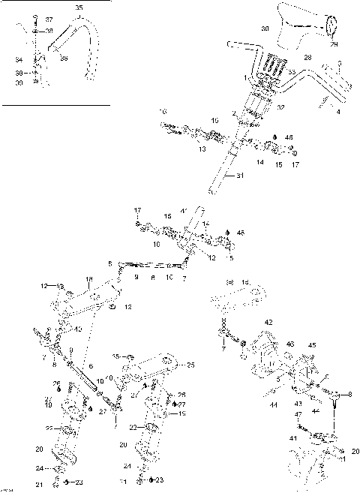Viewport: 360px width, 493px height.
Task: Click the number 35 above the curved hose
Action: click(x=79, y=8)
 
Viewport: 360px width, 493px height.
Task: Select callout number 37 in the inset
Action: click(x=49, y=19)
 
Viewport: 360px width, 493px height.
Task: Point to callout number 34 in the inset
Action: click(x=19, y=58)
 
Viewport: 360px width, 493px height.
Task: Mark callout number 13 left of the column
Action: click(x=181, y=149)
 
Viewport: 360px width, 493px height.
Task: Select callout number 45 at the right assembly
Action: click(x=312, y=346)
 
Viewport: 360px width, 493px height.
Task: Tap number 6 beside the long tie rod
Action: click(x=91, y=365)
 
